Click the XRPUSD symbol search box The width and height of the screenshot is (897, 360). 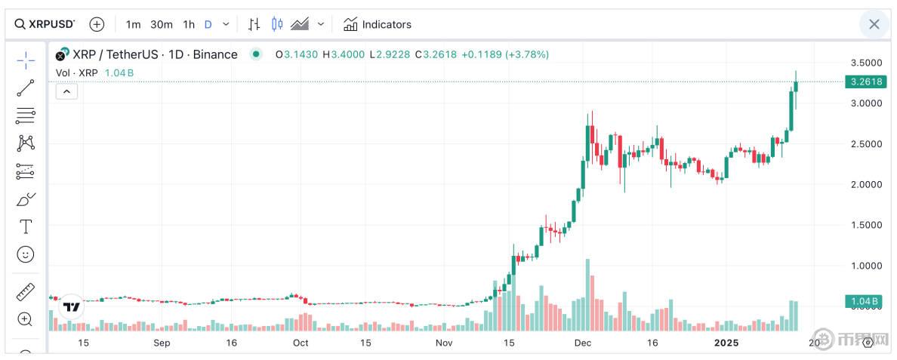pos(45,24)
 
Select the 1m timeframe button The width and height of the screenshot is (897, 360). pos(133,24)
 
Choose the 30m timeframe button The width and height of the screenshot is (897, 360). pos(161,24)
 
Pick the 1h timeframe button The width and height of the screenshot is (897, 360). pos(189,24)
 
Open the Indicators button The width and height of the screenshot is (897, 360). pos(377,24)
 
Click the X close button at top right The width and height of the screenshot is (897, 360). pos(874,24)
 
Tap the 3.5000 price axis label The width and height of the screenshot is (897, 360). pos(865,63)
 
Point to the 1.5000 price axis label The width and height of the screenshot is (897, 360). pos(865,225)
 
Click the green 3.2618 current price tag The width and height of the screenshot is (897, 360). pos(865,82)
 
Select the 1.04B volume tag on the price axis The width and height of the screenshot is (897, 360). pos(865,302)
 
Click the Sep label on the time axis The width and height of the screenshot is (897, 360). pos(162,343)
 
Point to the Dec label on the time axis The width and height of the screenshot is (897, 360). pos(582,343)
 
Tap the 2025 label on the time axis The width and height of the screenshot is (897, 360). pos(726,343)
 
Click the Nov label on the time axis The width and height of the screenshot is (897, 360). pos(444,343)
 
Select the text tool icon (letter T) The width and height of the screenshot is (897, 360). pos(26,226)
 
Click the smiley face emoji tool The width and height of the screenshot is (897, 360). pos(26,254)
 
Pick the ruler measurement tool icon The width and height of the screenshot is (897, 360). pos(26,292)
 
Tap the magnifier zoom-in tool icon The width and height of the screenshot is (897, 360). pos(26,319)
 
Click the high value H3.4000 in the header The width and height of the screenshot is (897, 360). pos(344,54)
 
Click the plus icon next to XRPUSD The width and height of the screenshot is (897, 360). pos(97,24)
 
